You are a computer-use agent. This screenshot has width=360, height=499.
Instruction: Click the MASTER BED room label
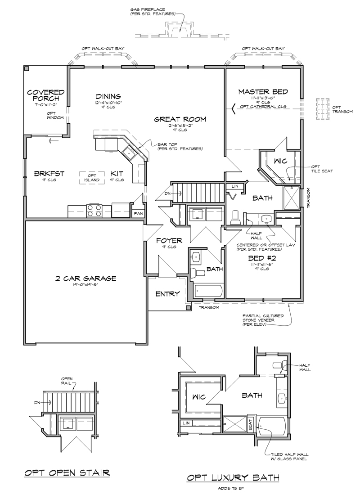(263, 91)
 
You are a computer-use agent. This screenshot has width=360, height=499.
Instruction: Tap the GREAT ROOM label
(180, 119)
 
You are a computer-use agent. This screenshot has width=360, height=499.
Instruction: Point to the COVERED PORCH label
(45, 95)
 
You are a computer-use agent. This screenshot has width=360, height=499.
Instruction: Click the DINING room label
(108, 96)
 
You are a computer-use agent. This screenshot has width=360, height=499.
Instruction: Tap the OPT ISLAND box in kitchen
(92, 178)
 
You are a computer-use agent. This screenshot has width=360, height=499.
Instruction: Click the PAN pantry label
(137, 214)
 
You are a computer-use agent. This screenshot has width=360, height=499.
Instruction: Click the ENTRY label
(167, 294)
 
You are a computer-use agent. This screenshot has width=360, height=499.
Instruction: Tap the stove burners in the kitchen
(94, 211)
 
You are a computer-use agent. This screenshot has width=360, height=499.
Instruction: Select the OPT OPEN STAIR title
(66, 472)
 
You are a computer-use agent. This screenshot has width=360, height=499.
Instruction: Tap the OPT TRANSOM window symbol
(323, 110)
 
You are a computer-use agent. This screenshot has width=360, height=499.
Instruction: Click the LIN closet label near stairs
(235, 186)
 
